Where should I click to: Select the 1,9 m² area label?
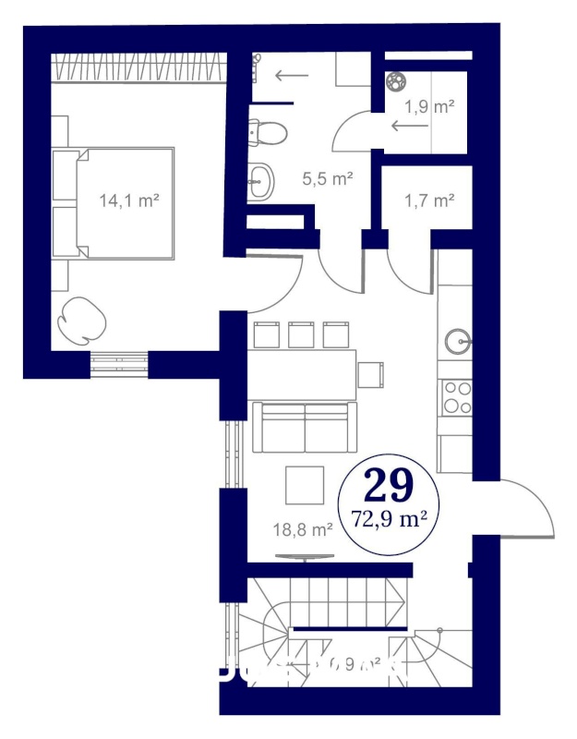(430, 107)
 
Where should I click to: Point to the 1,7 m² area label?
(429, 199)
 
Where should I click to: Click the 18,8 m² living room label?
(304, 529)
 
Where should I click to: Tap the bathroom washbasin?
(261, 179)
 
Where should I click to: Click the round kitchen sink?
(457, 342)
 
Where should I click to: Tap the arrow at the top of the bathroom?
(293, 76)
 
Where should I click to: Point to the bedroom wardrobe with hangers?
(138, 67)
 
